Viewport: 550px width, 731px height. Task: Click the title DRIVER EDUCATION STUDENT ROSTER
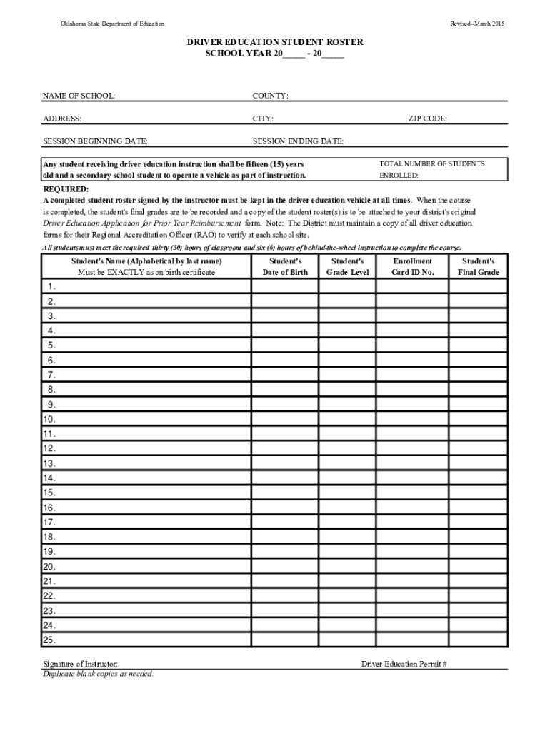pos(275,43)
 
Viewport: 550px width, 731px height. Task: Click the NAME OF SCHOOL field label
pos(79,96)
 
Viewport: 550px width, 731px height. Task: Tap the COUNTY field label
pos(270,96)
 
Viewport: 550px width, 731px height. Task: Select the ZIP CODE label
pos(427,119)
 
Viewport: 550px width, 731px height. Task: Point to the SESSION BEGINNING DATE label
pos(95,141)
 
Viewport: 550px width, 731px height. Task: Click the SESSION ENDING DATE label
pos(298,141)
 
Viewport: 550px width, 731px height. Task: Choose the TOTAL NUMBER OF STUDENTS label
pos(431,163)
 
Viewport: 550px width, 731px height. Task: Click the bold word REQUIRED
pos(66,189)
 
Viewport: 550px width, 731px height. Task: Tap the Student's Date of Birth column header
pos(285,267)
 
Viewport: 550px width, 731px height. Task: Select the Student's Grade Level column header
pos(348,267)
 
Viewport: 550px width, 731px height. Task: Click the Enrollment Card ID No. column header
pos(412,267)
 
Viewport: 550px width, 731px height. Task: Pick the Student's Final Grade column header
pos(479,267)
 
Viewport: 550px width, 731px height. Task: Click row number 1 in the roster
pos(51,286)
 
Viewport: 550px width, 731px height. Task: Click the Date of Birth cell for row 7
pos(284,375)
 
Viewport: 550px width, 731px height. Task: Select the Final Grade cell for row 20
pos(478,566)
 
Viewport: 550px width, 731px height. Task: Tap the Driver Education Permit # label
pos(404,664)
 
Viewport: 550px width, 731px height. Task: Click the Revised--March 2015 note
pos(477,24)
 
